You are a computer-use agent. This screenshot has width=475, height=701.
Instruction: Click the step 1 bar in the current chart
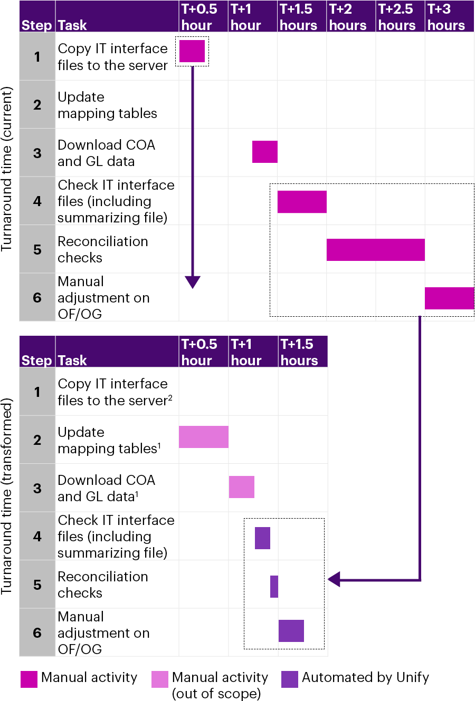pyautogui.click(x=192, y=51)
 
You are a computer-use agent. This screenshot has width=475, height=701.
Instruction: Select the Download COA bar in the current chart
pyautogui.click(x=265, y=152)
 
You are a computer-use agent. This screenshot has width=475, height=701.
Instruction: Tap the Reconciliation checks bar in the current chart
pyautogui.click(x=375, y=250)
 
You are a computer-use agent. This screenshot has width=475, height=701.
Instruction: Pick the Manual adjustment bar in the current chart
pyautogui.click(x=449, y=298)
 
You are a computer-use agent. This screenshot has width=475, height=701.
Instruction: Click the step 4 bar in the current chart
pyautogui.click(x=302, y=202)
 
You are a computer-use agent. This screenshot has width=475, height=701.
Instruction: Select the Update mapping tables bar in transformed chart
pyautogui.click(x=204, y=437)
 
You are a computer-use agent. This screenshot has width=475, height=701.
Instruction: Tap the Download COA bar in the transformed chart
pyautogui.click(x=242, y=487)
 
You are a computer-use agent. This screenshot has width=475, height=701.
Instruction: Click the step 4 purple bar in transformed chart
pyautogui.click(x=262, y=538)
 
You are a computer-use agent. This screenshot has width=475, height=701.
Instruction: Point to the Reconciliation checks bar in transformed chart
pyautogui.click(x=274, y=587)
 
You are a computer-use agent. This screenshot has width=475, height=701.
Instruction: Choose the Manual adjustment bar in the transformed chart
pyautogui.click(x=291, y=631)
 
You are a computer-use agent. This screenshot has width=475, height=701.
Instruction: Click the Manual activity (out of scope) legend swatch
pyautogui.click(x=160, y=679)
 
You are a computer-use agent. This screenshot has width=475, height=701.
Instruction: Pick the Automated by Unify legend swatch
pyautogui.click(x=290, y=679)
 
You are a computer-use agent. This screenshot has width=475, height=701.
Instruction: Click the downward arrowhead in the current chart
pyautogui.click(x=193, y=282)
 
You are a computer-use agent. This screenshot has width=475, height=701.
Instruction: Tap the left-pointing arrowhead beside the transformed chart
pyautogui.click(x=335, y=579)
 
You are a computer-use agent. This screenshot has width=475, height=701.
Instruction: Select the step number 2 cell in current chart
pyautogui.click(x=37, y=104)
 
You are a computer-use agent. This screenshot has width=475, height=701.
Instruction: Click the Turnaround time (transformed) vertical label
pyautogui.click(x=7, y=496)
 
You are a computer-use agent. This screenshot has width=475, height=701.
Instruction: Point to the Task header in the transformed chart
pyautogui.click(x=72, y=361)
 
